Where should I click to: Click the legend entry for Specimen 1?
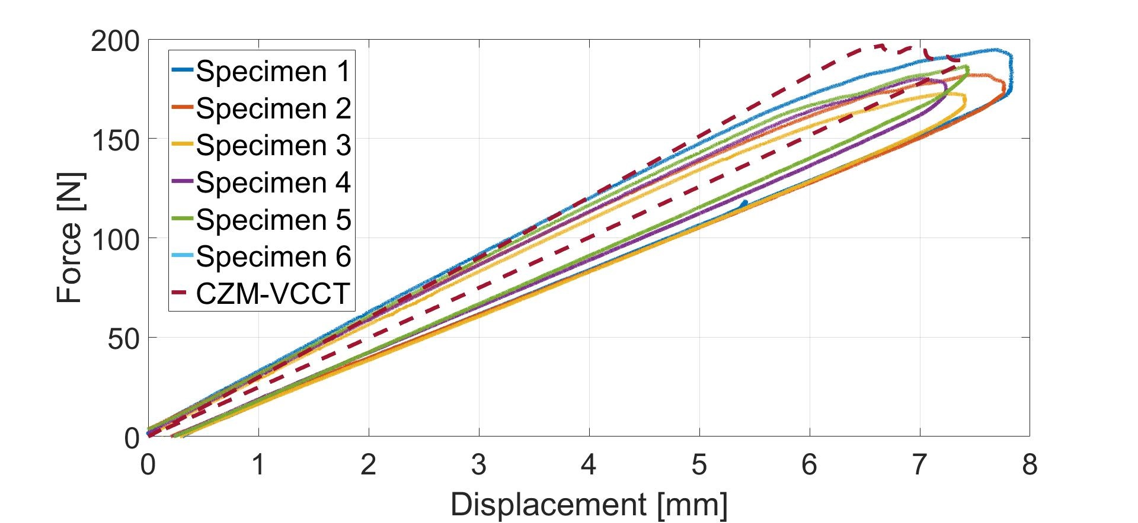[273, 71]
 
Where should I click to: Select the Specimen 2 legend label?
[273, 108]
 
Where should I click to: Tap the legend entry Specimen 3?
[273, 145]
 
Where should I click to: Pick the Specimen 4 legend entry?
[273, 182]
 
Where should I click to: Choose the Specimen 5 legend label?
[273, 219]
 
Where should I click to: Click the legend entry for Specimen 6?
[273, 256]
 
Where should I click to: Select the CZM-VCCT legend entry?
[273, 293]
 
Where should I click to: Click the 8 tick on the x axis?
[1030, 464]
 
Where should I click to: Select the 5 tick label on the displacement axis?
[699, 464]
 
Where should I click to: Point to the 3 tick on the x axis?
[479, 464]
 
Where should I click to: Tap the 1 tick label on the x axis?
[258, 464]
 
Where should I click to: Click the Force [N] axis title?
[70, 238]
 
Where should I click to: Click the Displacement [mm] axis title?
[589, 505]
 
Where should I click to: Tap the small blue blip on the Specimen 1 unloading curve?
[743, 204]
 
